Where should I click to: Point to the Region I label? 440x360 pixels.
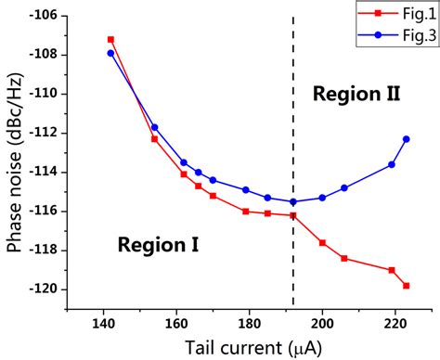pyautogui.click(x=158, y=245)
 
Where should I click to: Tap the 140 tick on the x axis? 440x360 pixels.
pyautogui.click(x=103, y=324)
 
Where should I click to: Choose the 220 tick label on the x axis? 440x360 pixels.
pyautogui.click(x=395, y=324)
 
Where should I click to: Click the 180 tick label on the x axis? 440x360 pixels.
pyautogui.click(x=249, y=324)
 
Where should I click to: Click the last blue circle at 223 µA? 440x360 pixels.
pyautogui.click(x=406, y=139)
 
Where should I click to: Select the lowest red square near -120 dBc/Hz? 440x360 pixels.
pyautogui.click(x=406, y=286)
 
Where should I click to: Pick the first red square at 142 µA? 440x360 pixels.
pyautogui.click(x=110, y=40)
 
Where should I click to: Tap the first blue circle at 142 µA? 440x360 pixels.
pyautogui.click(x=110, y=53)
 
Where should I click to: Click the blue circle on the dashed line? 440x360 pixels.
pyautogui.click(x=293, y=201)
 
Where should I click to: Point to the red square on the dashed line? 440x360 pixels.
pyautogui.click(x=293, y=215)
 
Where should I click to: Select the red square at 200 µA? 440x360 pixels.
pyautogui.click(x=322, y=243)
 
